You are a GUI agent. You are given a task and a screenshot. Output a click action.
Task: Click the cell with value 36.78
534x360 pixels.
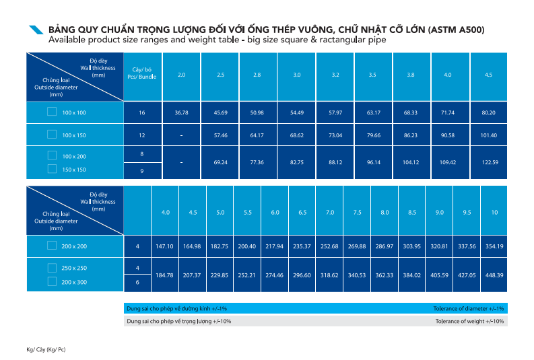[x=181, y=112]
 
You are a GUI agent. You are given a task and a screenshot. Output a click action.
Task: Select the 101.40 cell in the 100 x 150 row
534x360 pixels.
[x=488, y=135]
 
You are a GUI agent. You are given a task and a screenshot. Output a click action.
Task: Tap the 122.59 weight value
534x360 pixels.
[x=488, y=162]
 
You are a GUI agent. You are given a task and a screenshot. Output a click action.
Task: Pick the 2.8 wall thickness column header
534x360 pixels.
[x=257, y=74]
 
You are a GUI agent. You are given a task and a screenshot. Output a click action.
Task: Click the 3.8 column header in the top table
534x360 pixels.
[x=410, y=74]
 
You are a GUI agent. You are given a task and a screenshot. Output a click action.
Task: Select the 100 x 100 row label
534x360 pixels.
[x=73, y=113]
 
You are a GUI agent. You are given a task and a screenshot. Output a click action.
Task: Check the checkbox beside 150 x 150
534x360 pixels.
[x=52, y=169]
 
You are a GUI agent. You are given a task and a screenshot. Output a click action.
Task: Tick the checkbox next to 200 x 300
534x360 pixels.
[x=52, y=282]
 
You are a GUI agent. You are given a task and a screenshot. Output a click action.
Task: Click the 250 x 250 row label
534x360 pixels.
[x=73, y=268]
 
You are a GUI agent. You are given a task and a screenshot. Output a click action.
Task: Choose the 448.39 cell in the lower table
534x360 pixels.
[x=494, y=275]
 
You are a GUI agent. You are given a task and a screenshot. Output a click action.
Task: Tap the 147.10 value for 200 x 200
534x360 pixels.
[x=164, y=246]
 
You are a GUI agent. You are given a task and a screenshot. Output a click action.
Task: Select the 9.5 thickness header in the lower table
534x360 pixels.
[x=467, y=213]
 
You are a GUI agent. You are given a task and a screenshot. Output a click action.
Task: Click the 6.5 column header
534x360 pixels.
[x=302, y=213]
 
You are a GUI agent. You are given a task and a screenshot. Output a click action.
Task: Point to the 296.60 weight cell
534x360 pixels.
[x=302, y=275]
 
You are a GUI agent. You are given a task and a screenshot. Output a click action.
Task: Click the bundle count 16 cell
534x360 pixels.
[x=142, y=112]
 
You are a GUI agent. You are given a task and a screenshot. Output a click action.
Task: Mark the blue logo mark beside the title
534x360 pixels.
[x=36, y=30]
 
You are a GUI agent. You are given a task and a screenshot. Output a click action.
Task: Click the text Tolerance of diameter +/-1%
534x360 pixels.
[x=469, y=308]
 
